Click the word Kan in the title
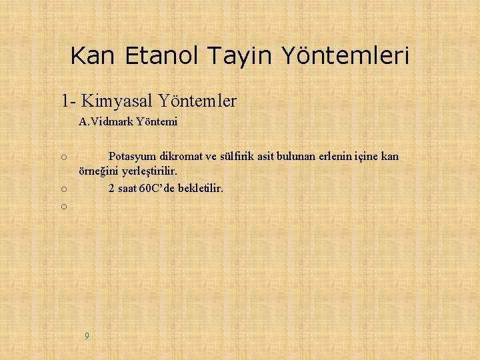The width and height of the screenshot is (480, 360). [x=92, y=55]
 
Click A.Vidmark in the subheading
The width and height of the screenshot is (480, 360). [x=105, y=122]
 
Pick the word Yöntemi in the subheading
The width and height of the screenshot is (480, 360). [x=157, y=122]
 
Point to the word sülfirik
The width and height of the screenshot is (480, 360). [x=241, y=157]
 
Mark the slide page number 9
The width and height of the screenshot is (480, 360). [x=87, y=335]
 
